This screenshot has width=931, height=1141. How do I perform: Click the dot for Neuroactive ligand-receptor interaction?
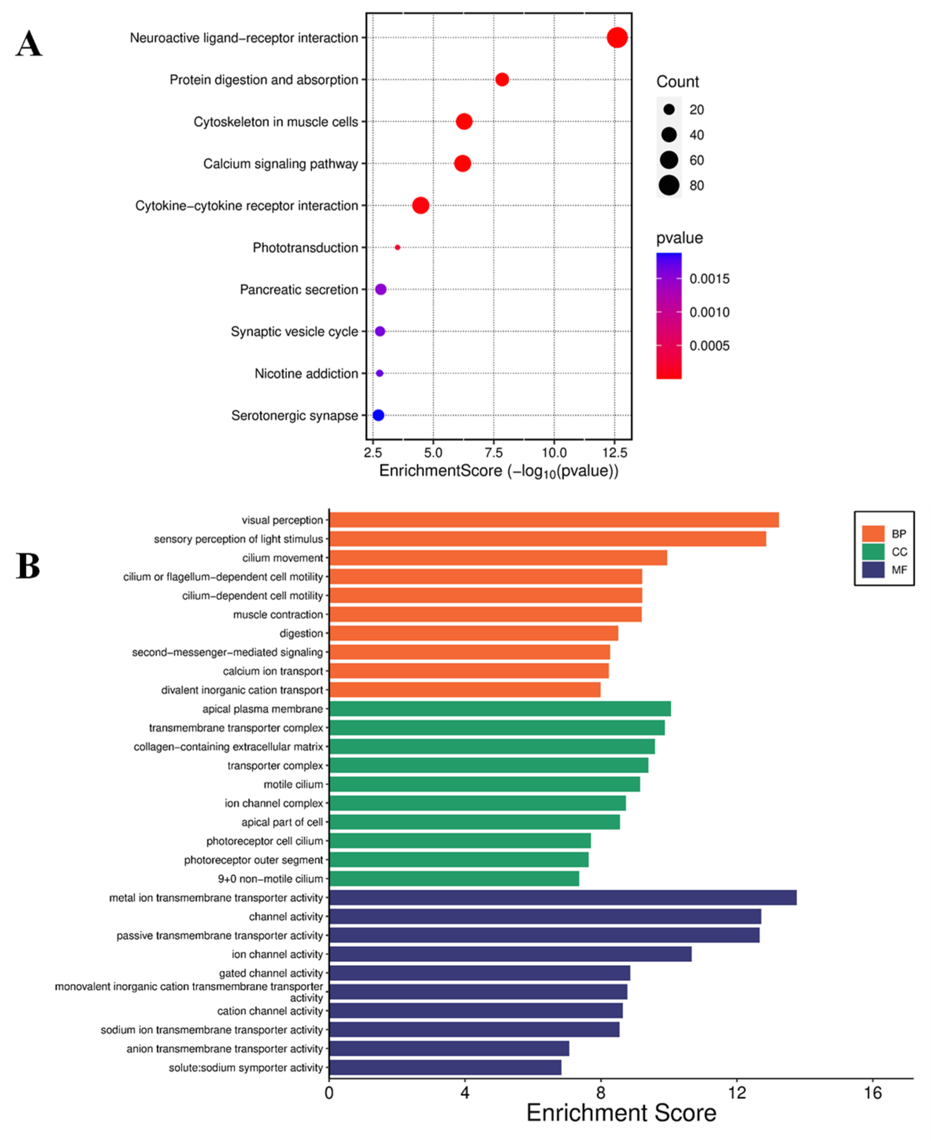pyautogui.click(x=617, y=37)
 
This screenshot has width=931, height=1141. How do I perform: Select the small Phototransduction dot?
pyautogui.click(x=397, y=247)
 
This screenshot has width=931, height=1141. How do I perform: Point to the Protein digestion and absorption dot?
pyautogui.click(x=502, y=79)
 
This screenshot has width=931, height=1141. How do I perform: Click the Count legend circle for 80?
pyautogui.click(x=669, y=185)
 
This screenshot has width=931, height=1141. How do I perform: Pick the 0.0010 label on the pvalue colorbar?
pyautogui.click(x=709, y=312)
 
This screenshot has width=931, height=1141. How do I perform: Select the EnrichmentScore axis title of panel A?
pyautogui.click(x=499, y=471)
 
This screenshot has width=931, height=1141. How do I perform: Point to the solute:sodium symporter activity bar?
pyautogui.click(x=445, y=1067)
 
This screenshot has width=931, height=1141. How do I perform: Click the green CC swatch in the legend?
pyautogui.click(x=873, y=552)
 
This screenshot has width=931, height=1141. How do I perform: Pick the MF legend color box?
pyautogui.click(x=873, y=569)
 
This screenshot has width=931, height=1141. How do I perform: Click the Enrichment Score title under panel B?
pyautogui.click(x=621, y=1113)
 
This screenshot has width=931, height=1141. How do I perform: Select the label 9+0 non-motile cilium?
pyautogui.click(x=270, y=879)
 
